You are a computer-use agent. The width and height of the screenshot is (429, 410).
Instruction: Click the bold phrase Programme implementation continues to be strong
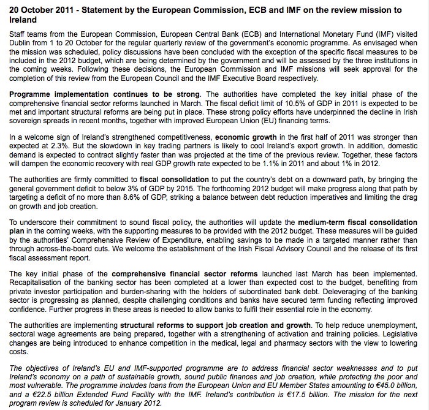[x=104, y=94]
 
